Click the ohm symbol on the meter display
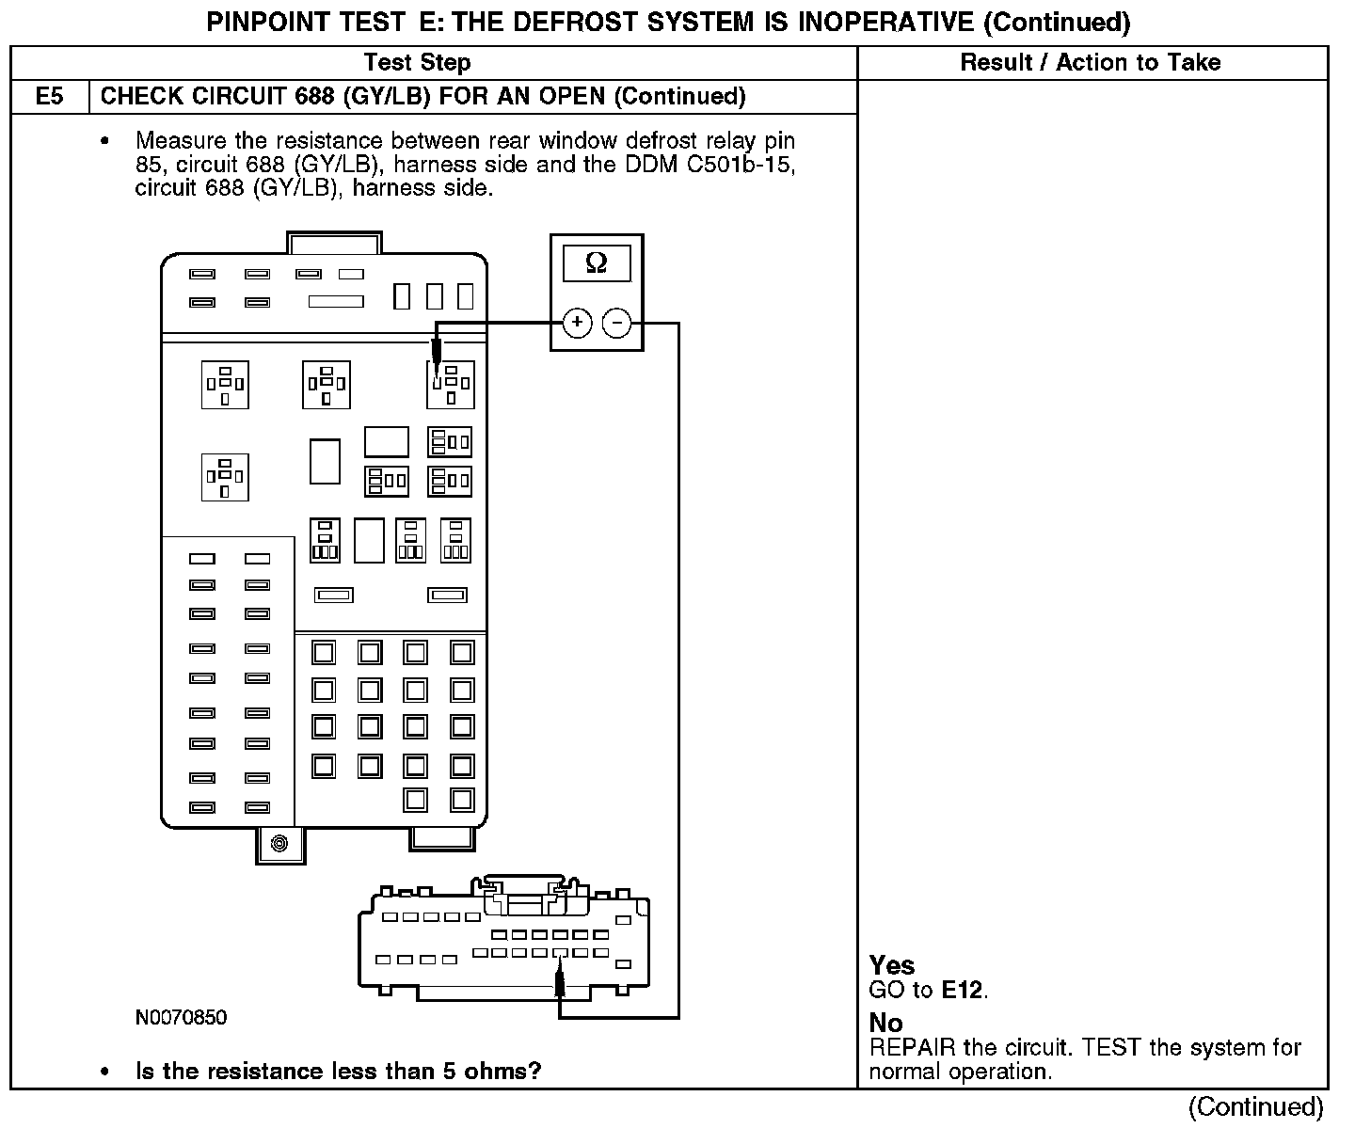pos(597,262)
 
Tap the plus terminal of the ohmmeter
pos(577,324)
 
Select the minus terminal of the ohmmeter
pos(616,324)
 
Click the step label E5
pos(50,97)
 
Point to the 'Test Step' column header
pos(417,63)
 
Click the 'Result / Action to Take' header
pos(1091,63)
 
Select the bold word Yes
pos(892,965)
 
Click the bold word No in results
pos(885,1023)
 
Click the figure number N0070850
pos(181,1018)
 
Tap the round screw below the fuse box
pos(279,843)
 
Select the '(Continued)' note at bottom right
pos(1255,1107)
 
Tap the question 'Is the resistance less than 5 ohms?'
pos(339,1072)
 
